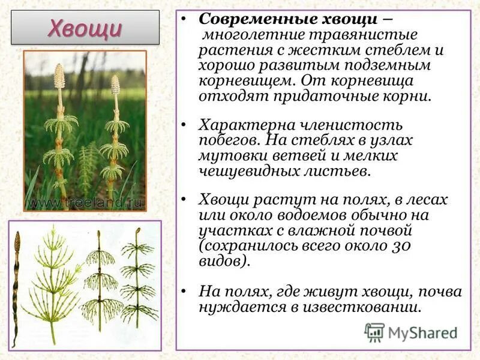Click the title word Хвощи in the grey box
pos(85,28)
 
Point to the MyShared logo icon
pos(374,332)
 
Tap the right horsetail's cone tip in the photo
pos(115,84)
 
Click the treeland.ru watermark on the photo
pos(85,202)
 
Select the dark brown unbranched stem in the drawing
pos(16,282)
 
